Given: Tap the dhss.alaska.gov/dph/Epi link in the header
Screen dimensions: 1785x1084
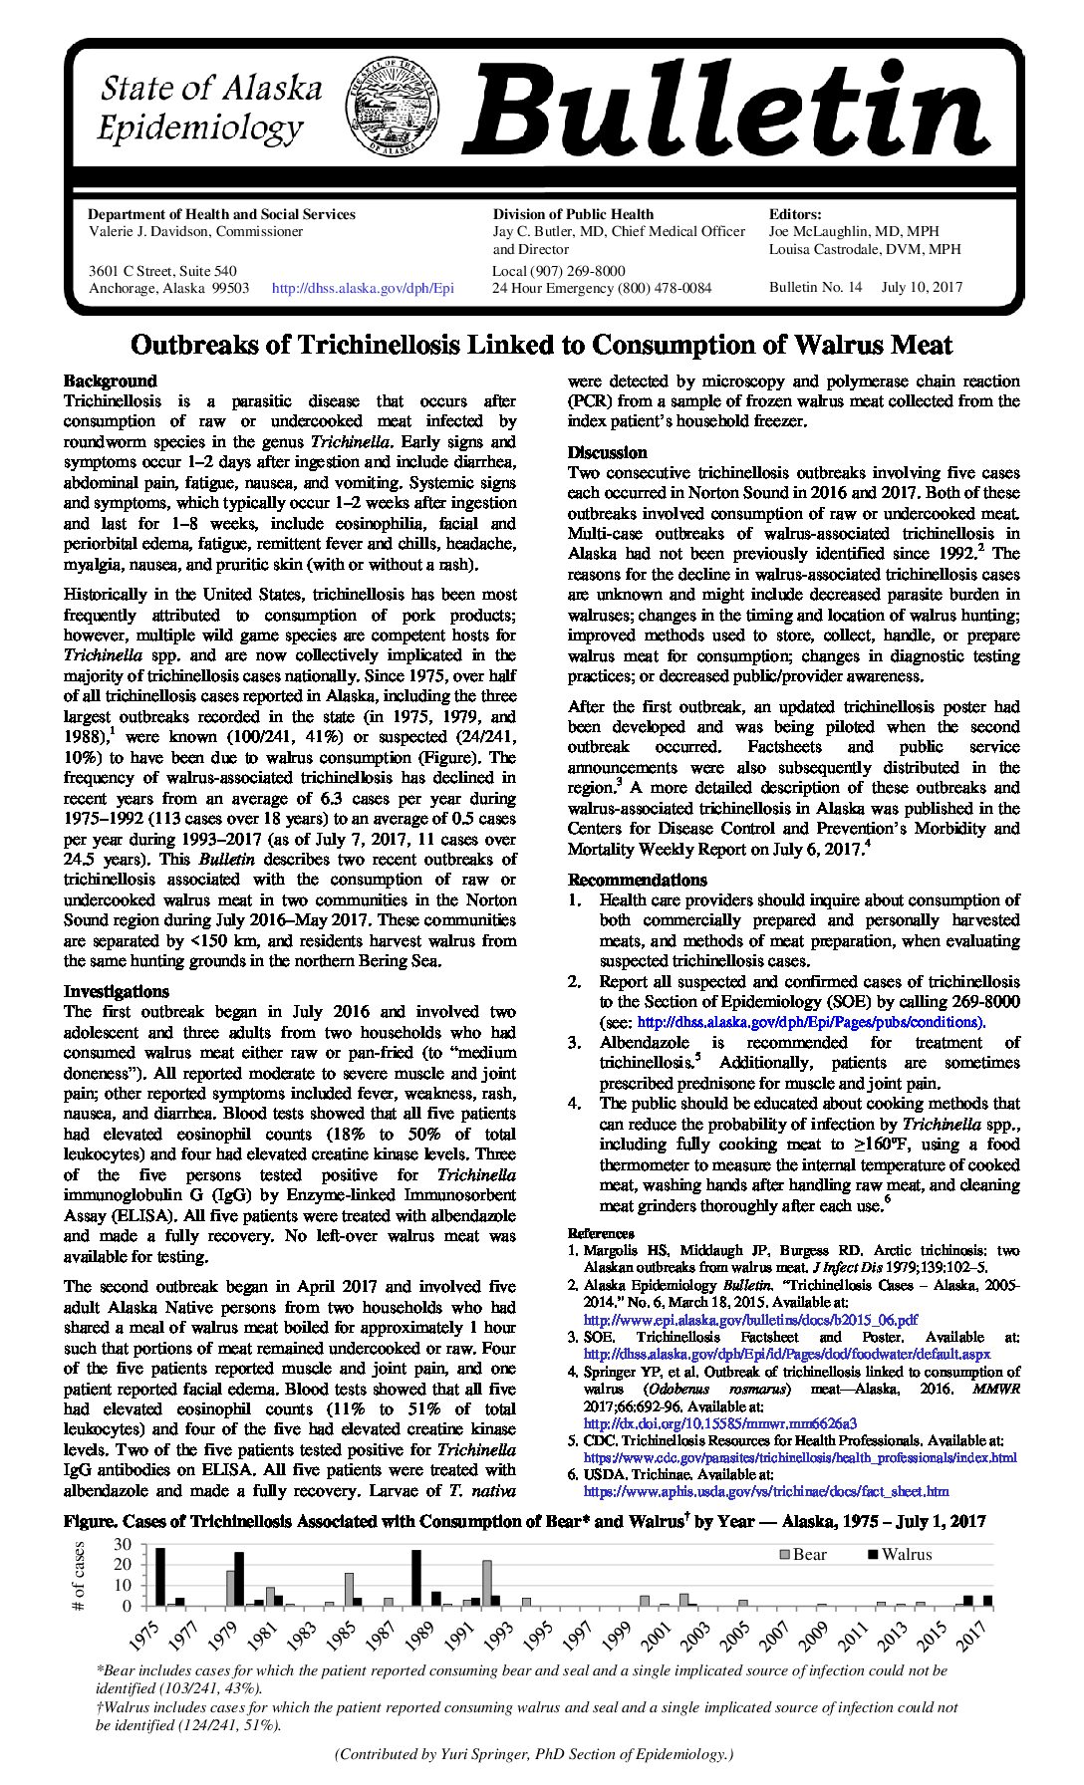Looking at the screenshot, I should tap(363, 288).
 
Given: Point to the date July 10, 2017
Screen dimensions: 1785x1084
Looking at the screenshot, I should tap(922, 287).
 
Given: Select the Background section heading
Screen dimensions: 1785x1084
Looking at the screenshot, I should tap(111, 381).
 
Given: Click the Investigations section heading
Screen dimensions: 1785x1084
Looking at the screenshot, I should tap(117, 991).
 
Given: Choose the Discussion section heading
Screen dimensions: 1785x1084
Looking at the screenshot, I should tap(608, 452).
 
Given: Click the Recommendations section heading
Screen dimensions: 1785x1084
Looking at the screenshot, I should tap(638, 880).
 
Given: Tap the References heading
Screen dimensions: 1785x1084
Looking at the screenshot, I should tap(601, 1233).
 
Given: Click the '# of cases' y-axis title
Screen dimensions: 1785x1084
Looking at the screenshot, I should tap(81, 1575).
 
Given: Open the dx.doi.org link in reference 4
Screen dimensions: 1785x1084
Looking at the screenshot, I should tap(719, 1423).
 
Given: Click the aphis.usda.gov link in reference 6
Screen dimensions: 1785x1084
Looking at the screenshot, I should tap(765, 1491).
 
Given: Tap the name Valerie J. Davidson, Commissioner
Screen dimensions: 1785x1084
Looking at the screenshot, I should tap(196, 231).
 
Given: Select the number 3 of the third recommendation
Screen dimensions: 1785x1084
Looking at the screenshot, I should tap(574, 1042).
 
